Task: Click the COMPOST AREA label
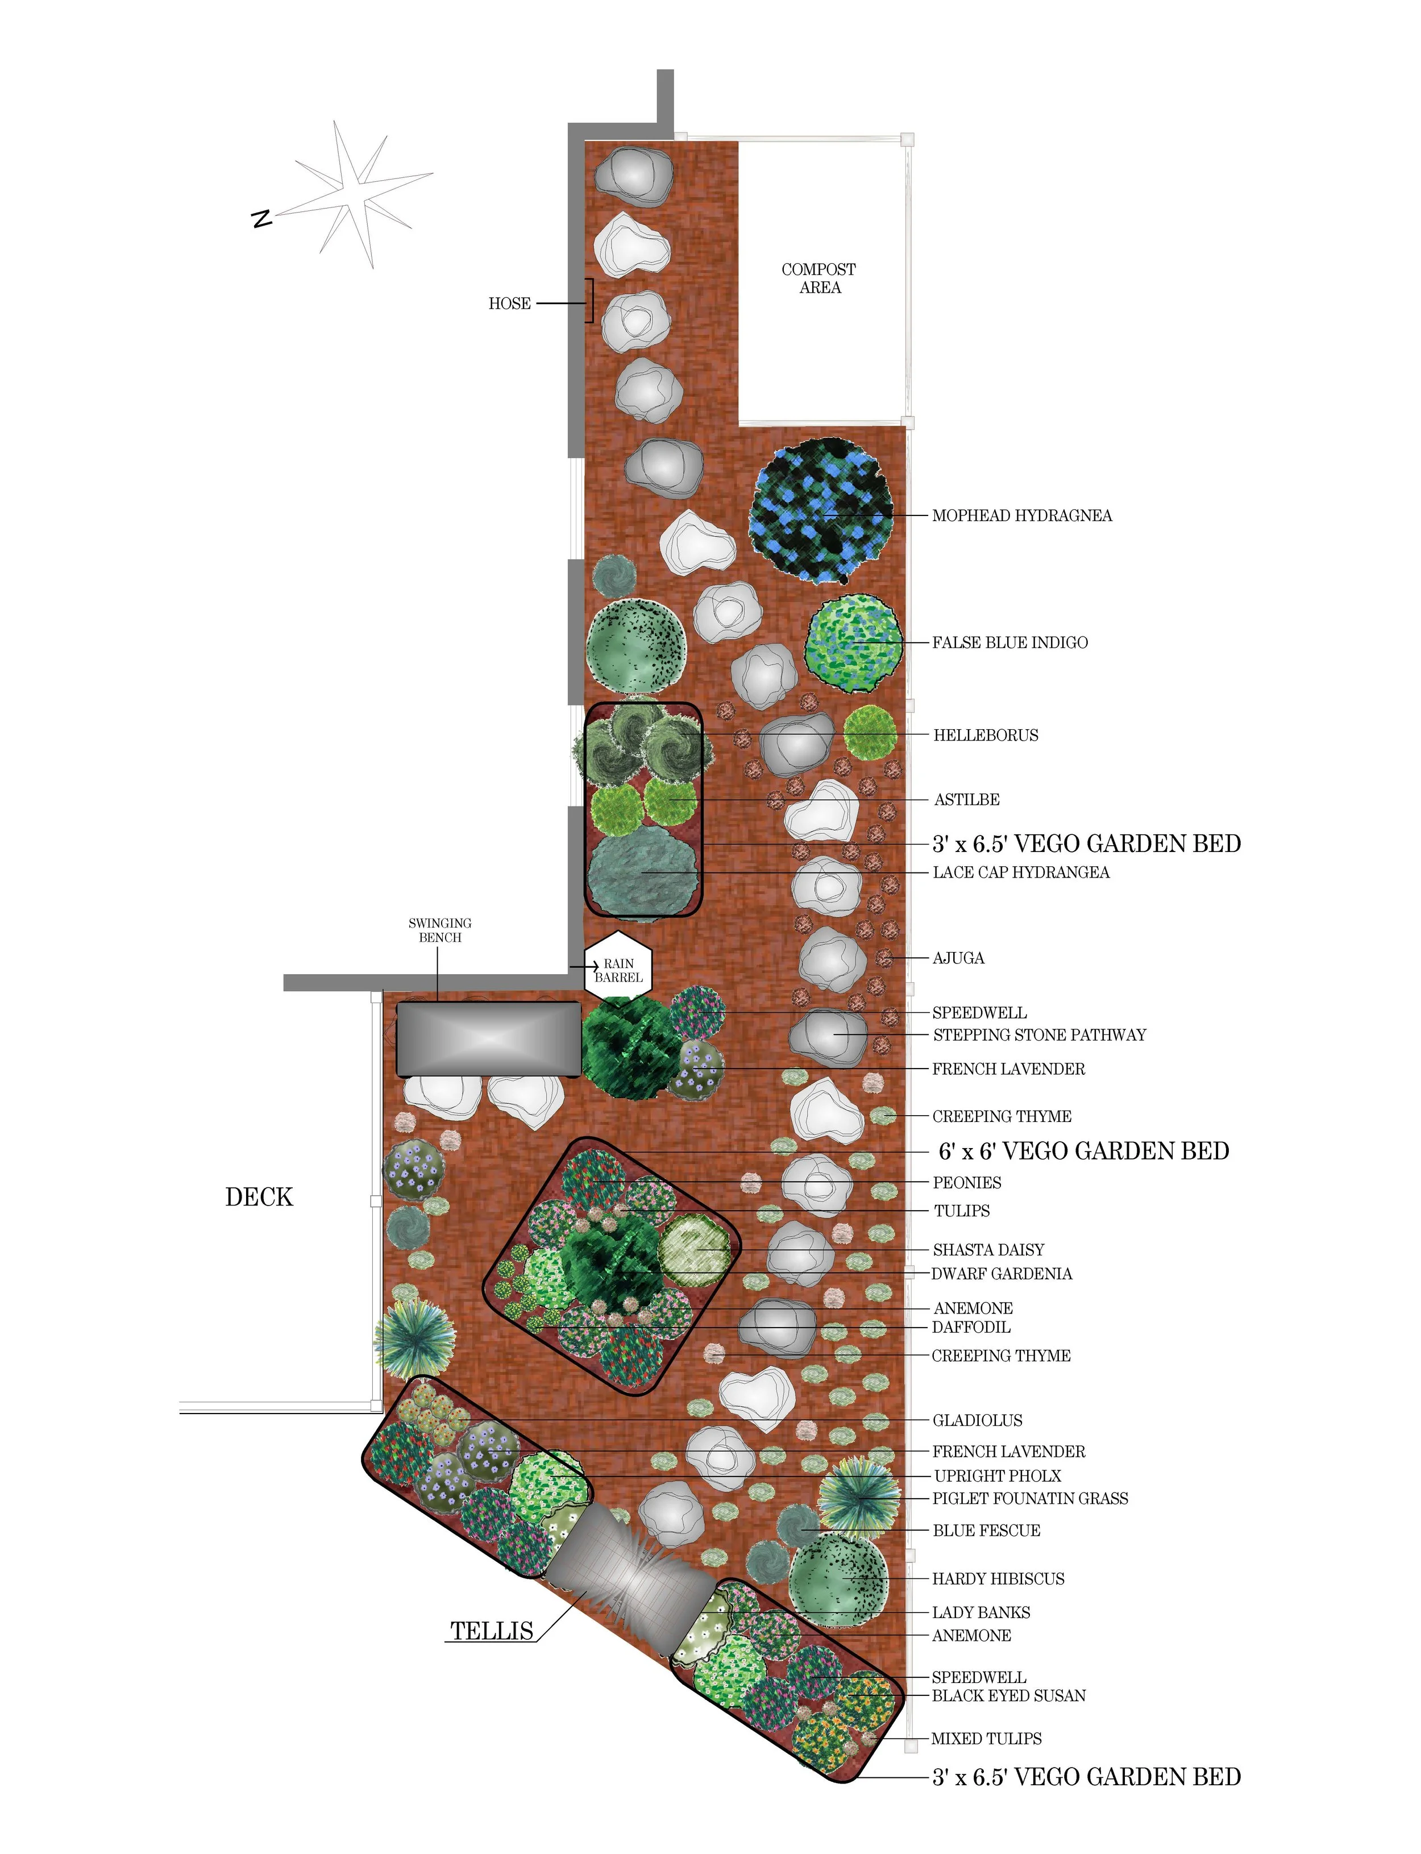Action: click(818, 278)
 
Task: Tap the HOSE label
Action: click(509, 304)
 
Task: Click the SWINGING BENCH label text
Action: click(440, 929)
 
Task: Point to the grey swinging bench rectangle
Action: click(489, 1038)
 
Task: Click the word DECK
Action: click(259, 1197)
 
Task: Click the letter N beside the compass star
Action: click(262, 218)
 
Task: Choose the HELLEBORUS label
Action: click(986, 735)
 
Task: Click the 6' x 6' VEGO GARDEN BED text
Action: click(1083, 1151)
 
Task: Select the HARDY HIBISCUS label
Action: click(998, 1578)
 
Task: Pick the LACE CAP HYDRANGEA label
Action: click(1021, 872)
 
